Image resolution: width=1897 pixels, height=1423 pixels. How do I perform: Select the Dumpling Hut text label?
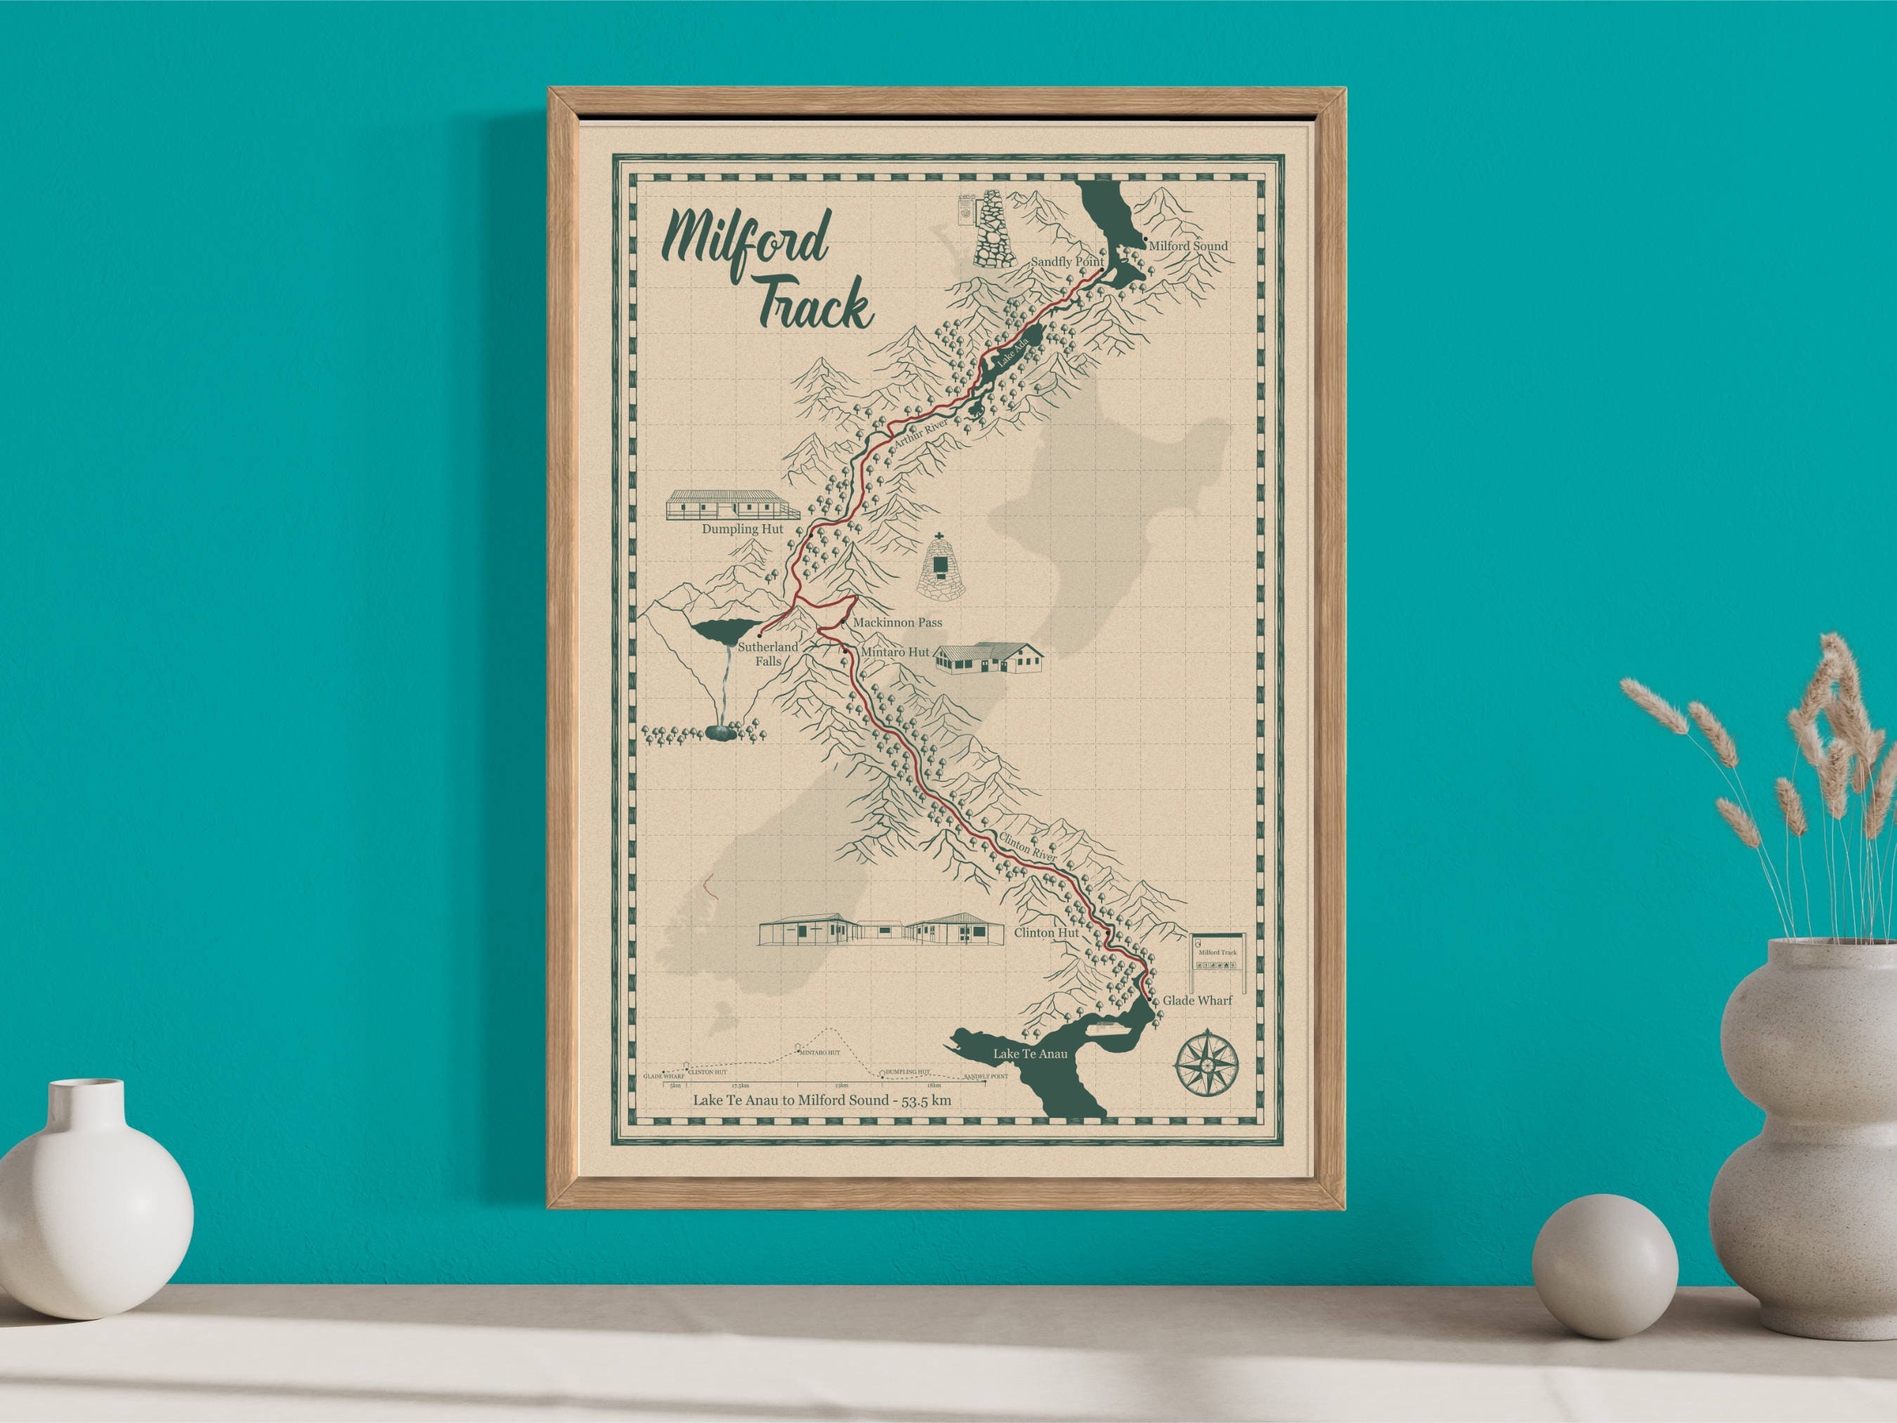(x=743, y=529)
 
